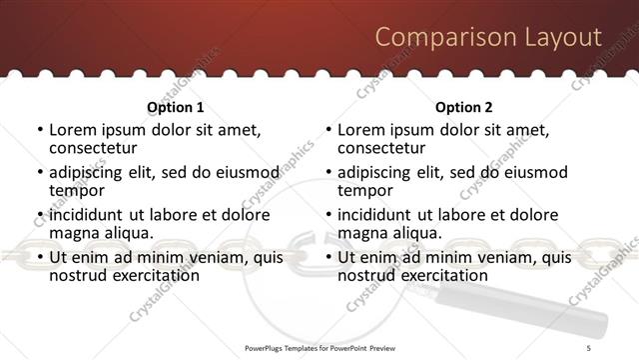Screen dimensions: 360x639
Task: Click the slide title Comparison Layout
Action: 488,37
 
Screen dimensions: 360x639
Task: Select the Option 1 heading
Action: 175,107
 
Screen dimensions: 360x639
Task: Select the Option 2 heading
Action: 464,107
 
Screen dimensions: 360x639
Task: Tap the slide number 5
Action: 588,347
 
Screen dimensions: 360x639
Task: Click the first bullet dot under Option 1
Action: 39,130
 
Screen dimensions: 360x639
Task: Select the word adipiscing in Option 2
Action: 376,172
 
